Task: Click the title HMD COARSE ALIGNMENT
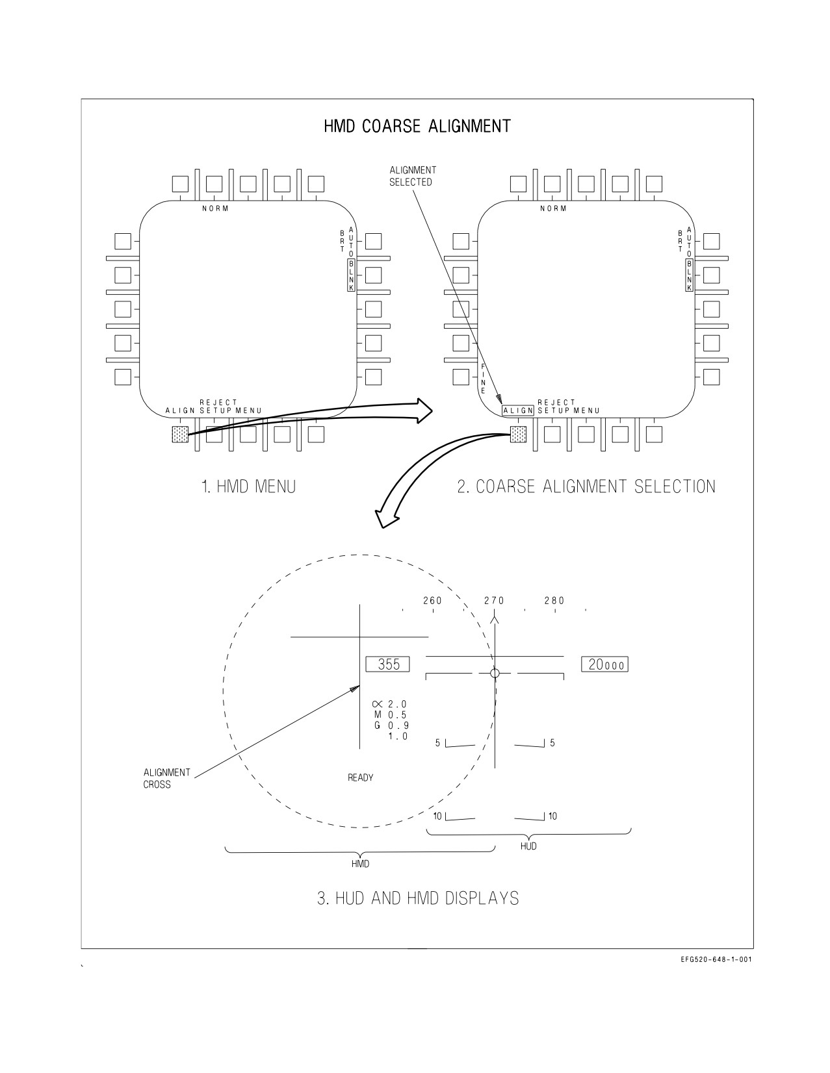(x=417, y=127)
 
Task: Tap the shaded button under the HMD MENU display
(x=180, y=435)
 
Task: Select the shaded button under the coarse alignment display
(x=518, y=435)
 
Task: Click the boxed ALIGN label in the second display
(x=518, y=410)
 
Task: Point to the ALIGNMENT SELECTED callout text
(x=413, y=176)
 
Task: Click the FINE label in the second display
(x=483, y=379)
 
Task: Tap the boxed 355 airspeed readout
(x=388, y=664)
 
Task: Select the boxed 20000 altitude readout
(x=604, y=664)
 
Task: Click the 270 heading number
(x=494, y=600)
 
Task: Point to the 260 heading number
(x=433, y=600)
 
